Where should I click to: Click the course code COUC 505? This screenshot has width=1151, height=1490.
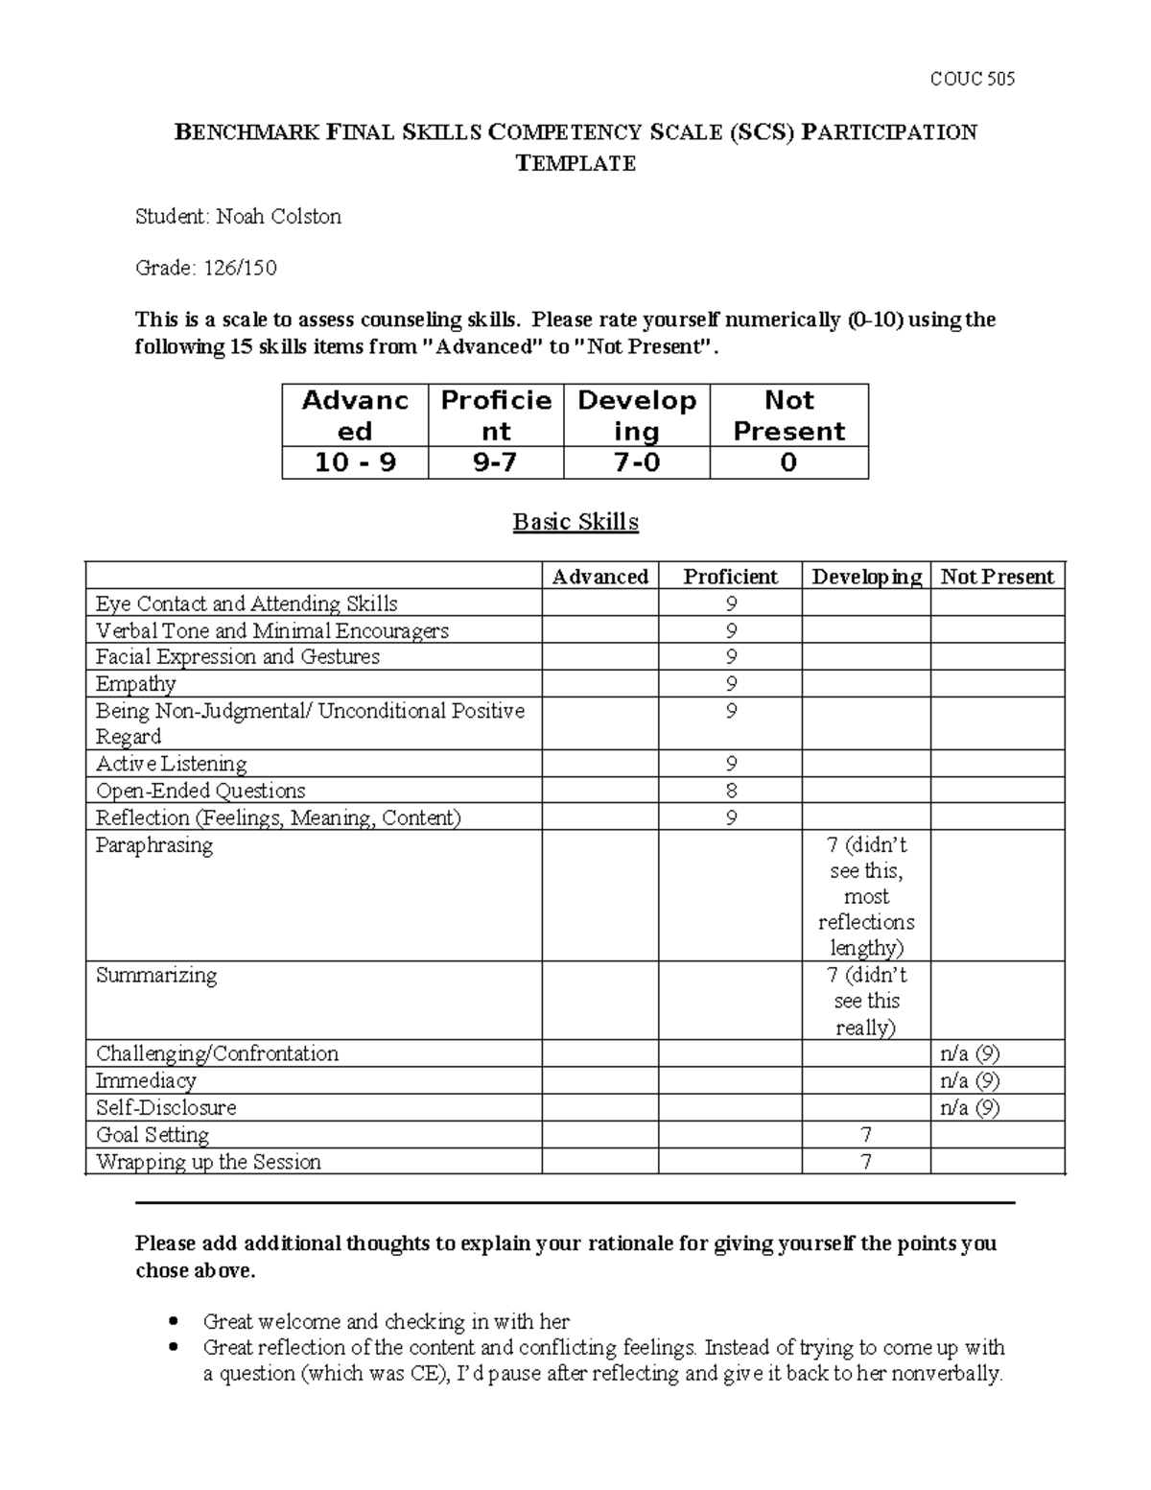point(972,79)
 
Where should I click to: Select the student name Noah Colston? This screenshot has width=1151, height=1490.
point(278,217)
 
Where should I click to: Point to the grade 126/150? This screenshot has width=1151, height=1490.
point(239,268)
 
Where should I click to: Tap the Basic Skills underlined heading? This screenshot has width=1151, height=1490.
point(575,522)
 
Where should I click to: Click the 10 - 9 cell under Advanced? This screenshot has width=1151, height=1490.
point(355,462)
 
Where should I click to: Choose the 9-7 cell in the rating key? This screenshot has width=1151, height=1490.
point(496,462)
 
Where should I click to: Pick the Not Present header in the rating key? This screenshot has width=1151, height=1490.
point(788,415)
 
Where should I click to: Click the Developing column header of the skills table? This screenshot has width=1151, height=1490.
point(866,577)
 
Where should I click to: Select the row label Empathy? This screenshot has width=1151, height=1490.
point(136,684)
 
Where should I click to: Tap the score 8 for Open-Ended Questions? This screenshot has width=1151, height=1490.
point(731,792)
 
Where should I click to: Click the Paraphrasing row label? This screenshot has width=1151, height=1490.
point(154,845)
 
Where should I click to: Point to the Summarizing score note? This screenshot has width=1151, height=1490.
point(866,1001)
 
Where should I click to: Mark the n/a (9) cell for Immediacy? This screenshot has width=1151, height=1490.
point(970,1080)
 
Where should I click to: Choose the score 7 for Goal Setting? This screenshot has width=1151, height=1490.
point(866,1135)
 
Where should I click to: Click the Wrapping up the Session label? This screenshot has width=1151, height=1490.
point(208,1162)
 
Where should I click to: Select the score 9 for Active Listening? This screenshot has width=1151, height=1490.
point(731,765)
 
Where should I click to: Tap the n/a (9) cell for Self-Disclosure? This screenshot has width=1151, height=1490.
point(970,1107)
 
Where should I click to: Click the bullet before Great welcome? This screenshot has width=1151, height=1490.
point(174,1321)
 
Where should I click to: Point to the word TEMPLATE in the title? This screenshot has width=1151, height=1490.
point(575,163)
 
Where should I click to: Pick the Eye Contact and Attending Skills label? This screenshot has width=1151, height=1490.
point(247,603)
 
